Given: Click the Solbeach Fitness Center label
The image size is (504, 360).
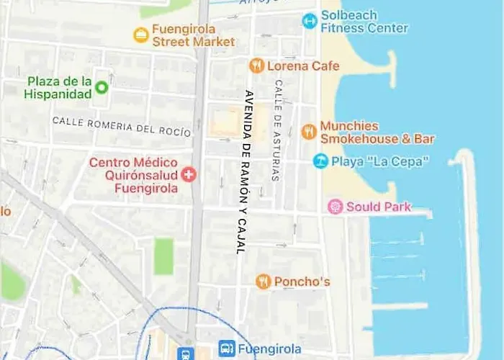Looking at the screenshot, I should pos(364,22).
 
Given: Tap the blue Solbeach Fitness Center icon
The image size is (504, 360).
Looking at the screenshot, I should pos(310,21).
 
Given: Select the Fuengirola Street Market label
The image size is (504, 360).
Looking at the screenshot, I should pos(193,35).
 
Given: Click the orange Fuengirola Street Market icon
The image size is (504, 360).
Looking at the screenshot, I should pos(141,35).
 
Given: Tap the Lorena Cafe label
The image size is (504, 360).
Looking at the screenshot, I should pos(303,66).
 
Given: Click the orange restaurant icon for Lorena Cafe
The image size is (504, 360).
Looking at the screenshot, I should pos(256,66).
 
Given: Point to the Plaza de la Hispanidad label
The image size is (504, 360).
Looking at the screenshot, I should pos(59,87).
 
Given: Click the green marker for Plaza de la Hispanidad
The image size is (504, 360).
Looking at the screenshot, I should pos(102,88).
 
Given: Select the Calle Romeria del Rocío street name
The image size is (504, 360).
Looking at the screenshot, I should pos(122,127).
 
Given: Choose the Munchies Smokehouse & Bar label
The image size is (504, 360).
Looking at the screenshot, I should pos(377,132).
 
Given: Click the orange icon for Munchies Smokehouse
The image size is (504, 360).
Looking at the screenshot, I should pos(309,132).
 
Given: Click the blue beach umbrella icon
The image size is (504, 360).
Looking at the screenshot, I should pos(321,161).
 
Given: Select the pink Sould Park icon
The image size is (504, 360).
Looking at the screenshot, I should pos(335,207).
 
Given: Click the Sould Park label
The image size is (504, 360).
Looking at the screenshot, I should pos(379,207).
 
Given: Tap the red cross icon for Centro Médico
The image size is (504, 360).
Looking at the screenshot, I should pos(189,174).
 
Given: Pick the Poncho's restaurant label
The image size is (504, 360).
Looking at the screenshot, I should pos(302,282).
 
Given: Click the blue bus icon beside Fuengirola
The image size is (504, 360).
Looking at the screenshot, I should pos(227,348).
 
